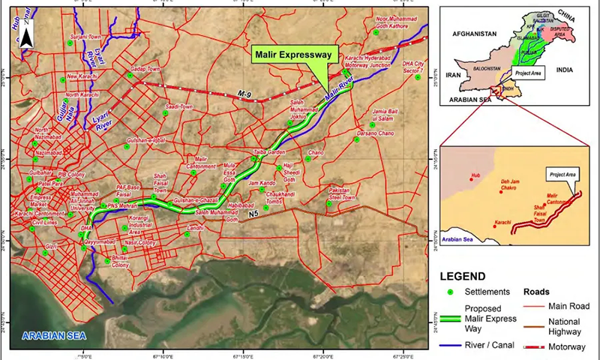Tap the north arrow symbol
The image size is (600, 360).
[x=25, y=34]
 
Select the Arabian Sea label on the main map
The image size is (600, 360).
[x=54, y=334]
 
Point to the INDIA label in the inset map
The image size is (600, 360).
[x=564, y=70]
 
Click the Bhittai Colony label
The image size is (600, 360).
[x=120, y=261]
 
